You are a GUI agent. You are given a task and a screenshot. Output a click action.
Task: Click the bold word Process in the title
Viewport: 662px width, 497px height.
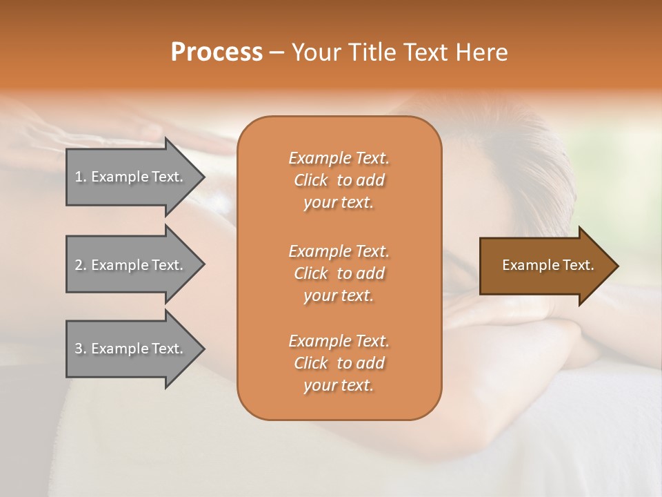(x=217, y=52)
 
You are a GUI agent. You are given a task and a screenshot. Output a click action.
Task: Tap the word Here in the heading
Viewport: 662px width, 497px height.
(x=481, y=52)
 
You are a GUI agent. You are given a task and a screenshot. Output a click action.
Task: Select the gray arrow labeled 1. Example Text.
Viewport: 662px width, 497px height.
(x=131, y=177)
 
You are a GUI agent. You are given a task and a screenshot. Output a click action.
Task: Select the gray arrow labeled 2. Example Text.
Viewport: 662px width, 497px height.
(x=131, y=265)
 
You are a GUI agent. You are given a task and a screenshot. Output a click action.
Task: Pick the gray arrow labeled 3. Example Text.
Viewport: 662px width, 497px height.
(x=131, y=349)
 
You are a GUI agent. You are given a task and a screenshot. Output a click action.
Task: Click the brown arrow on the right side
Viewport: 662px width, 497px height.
(x=545, y=265)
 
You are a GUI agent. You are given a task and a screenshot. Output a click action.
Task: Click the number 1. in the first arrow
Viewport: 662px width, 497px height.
(x=80, y=177)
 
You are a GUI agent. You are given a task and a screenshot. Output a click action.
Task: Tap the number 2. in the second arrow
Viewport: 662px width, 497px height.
(x=80, y=265)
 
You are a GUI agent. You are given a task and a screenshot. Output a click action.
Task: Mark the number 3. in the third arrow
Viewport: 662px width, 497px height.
(x=80, y=349)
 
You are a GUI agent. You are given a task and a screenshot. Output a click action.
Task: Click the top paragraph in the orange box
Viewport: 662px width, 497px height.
(x=339, y=180)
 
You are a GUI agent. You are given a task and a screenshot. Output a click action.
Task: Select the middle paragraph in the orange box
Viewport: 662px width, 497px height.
(x=339, y=273)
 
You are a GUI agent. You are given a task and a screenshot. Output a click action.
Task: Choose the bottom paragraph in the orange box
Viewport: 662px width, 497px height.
(x=339, y=363)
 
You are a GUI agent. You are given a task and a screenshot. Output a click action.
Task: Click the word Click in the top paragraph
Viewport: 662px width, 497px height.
(x=310, y=180)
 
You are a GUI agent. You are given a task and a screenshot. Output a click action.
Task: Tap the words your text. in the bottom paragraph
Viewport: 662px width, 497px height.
(x=339, y=386)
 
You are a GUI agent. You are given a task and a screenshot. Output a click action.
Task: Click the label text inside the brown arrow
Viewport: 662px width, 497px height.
(x=548, y=265)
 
